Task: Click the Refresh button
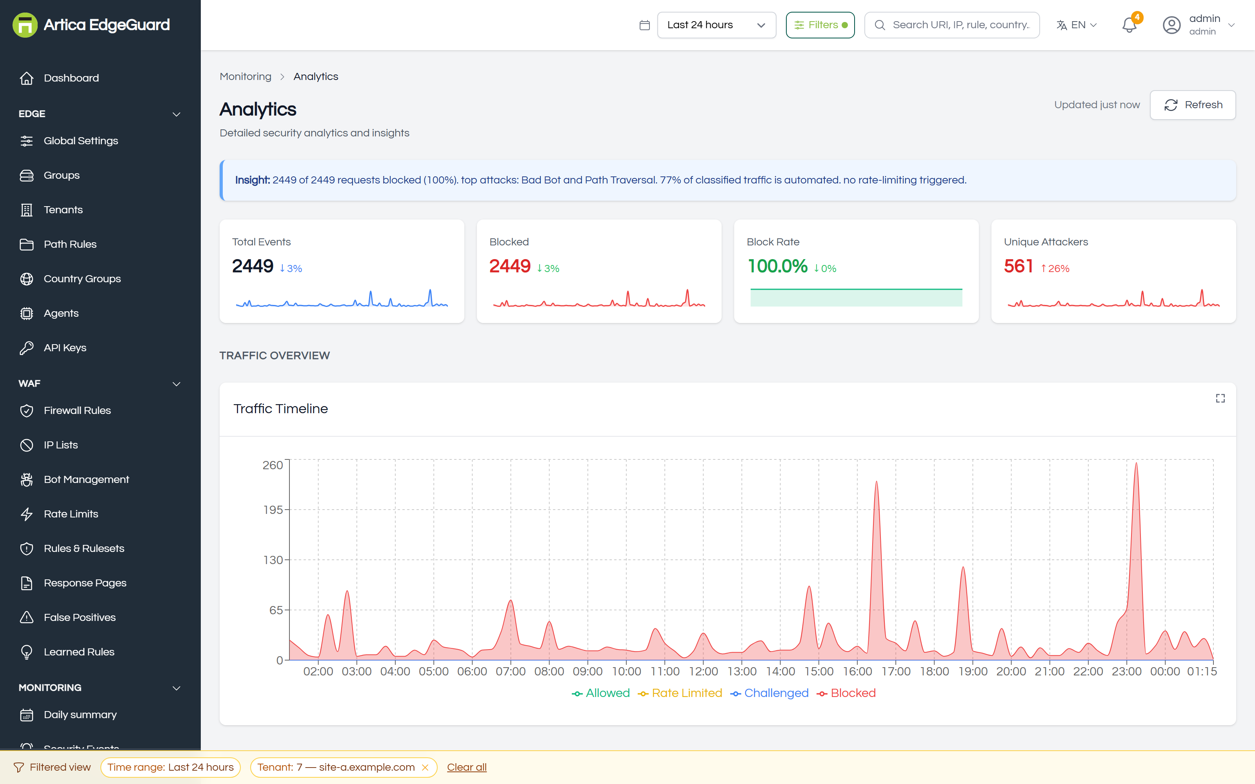tap(1192, 105)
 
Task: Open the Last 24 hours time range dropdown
tap(716, 25)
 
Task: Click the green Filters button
tap(820, 25)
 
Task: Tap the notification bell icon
tap(1129, 25)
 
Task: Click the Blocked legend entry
tap(846, 693)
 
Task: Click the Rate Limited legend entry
tap(680, 693)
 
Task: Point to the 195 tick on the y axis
tap(273, 510)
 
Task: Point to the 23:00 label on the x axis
tap(1126, 671)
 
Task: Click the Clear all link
tap(467, 768)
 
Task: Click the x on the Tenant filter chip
tap(425, 768)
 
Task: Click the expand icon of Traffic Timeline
tap(1220, 398)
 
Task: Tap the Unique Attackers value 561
tap(1019, 267)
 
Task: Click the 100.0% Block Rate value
tap(777, 267)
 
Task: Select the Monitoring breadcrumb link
tap(245, 77)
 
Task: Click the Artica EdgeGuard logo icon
tap(25, 25)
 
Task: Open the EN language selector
tap(1077, 25)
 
